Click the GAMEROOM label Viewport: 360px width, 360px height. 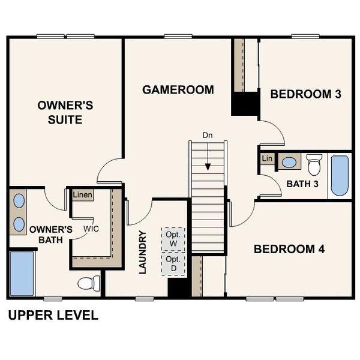(x=178, y=90)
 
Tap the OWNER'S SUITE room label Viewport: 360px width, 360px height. (x=65, y=112)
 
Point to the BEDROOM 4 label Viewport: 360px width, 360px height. (x=289, y=249)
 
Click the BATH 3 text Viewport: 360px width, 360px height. (x=302, y=183)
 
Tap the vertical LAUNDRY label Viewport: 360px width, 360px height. (x=143, y=252)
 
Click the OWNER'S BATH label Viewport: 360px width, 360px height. (x=51, y=235)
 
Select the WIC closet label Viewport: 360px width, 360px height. (x=91, y=229)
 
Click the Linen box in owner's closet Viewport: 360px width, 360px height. (x=83, y=196)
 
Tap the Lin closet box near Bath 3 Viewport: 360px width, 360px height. (x=268, y=158)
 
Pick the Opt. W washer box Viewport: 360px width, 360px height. (x=173, y=239)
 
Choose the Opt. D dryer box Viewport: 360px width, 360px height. (x=173, y=263)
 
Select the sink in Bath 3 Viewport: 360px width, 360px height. (x=290, y=162)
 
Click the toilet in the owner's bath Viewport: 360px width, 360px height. (x=89, y=283)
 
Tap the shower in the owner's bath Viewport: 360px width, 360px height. (x=22, y=274)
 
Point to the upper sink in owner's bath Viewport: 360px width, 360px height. (x=19, y=200)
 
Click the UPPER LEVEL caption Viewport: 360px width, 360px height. (x=53, y=316)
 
